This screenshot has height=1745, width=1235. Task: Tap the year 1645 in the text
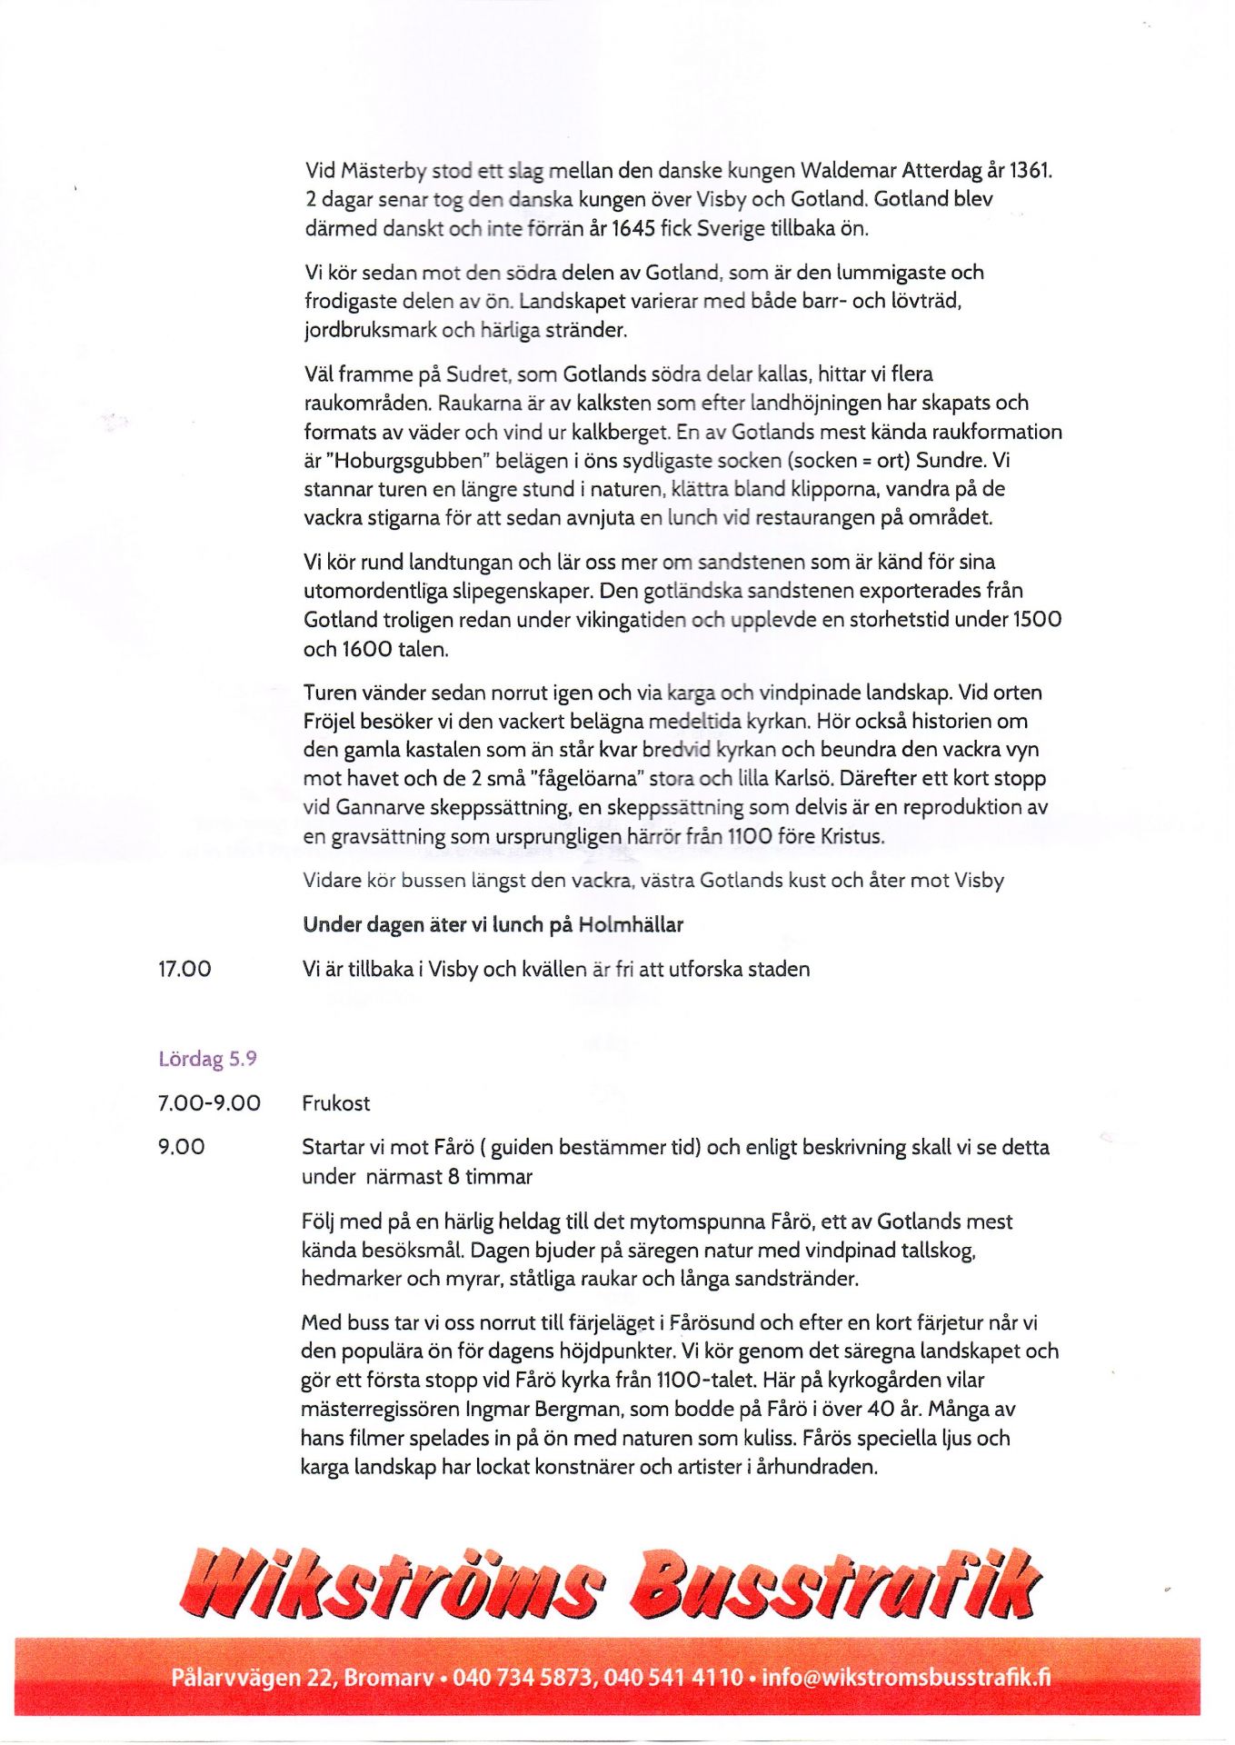point(632,228)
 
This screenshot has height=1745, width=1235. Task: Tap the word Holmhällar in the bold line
point(631,925)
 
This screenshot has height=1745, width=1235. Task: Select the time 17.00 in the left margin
point(184,970)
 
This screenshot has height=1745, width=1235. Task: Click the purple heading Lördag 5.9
point(207,1059)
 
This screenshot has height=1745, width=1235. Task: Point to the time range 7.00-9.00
point(209,1103)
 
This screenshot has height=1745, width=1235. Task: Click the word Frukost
point(336,1103)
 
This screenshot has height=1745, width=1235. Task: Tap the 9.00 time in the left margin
point(181,1147)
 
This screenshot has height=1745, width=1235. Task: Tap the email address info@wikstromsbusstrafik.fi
point(906,1677)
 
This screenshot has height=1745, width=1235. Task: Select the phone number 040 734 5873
point(523,1677)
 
